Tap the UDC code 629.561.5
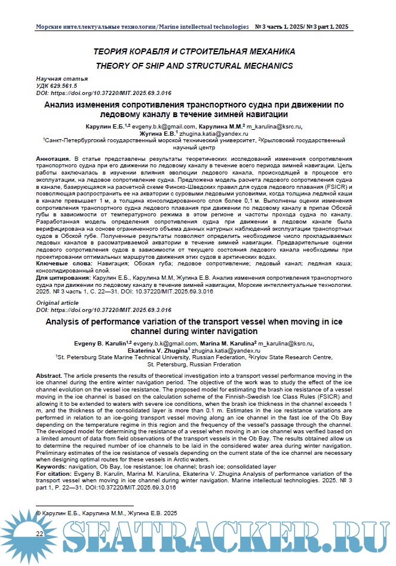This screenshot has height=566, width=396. [69, 86]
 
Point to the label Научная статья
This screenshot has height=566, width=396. [62, 79]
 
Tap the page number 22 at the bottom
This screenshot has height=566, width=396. [39, 533]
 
